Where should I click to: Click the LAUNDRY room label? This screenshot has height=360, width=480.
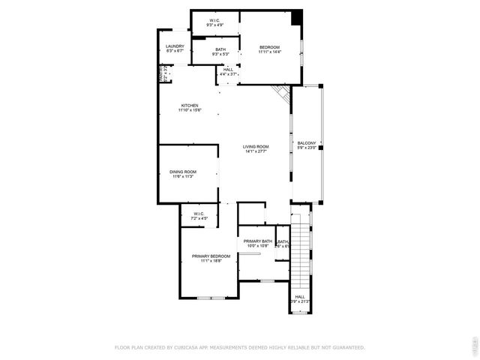click(x=175, y=46)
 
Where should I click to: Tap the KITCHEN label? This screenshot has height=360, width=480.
click(x=189, y=105)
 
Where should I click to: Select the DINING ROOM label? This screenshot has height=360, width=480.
click(x=184, y=172)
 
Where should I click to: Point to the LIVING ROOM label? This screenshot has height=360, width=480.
click(x=256, y=146)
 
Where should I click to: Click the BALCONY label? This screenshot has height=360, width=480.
click(x=307, y=142)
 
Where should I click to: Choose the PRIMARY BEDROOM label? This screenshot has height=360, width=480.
click(x=211, y=256)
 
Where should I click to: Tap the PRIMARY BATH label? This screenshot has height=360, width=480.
click(x=257, y=241)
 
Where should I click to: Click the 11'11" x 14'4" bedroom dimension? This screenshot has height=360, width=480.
click(x=270, y=52)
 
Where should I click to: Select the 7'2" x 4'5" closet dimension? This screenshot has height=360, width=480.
click(x=199, y=218)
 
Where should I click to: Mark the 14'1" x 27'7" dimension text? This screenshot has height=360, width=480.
click(x=256, y=151)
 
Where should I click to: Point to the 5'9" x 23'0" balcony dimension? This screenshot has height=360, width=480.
click(x=307, y=148)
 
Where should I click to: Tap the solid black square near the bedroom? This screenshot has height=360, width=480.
click(x=297, y=16)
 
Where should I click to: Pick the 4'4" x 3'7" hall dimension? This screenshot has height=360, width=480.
click(x=228, y=74)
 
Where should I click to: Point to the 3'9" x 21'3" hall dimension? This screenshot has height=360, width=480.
click(x=300, y=301)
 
